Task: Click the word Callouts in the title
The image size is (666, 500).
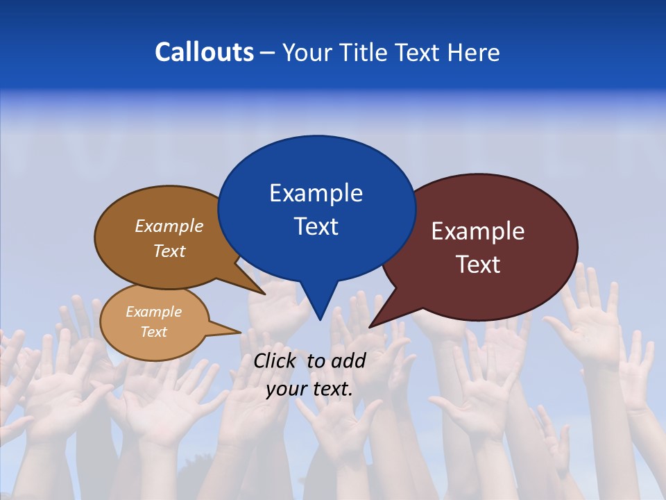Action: point(204,52)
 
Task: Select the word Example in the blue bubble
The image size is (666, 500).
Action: point(316,193)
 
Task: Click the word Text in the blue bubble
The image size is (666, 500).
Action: point(316,226)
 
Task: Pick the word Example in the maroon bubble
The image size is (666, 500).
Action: point(478,231)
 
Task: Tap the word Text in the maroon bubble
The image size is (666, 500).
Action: point(478,265)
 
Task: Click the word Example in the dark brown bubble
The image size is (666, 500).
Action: point(169,226)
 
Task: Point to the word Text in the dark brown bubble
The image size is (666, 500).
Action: point(169,251)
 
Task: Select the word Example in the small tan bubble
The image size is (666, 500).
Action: point(153,312)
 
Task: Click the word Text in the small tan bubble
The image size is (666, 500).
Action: point(153,332)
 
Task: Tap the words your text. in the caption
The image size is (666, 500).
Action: point(309,389)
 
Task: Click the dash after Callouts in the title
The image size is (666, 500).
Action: point(268,52)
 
